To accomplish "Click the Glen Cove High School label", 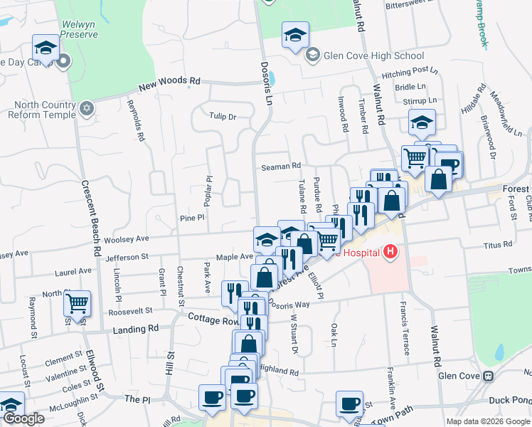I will [373, 56].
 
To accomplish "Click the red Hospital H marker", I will [389, 252].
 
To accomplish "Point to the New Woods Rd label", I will [170, 83].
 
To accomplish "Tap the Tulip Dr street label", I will [222, 116].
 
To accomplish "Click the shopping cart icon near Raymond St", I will [78, 303].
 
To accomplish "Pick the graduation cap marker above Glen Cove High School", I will [296, 34].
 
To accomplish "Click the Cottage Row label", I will [213, 321].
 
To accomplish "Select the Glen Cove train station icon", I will [488, 376].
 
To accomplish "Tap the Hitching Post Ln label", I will [410, 71].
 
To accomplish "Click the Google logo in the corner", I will [23, 418].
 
